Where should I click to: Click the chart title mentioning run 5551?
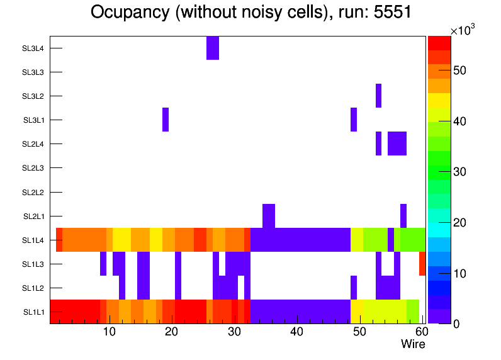point(250,12)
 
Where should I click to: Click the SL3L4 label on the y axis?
point(33,48)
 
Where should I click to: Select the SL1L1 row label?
point(34,312)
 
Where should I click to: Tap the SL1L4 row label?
point(34,240)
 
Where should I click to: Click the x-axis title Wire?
point(413,344)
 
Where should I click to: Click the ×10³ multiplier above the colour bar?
point(462,30)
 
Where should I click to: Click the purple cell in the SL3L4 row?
point(213,48)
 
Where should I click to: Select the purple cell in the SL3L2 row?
point(378,96)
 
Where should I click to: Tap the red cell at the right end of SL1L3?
point(422,264)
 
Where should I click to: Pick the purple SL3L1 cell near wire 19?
point(166,120)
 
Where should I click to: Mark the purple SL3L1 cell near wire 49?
point(354,120)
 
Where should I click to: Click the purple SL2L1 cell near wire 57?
point(403,215)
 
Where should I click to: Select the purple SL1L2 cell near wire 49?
point(354,288)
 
